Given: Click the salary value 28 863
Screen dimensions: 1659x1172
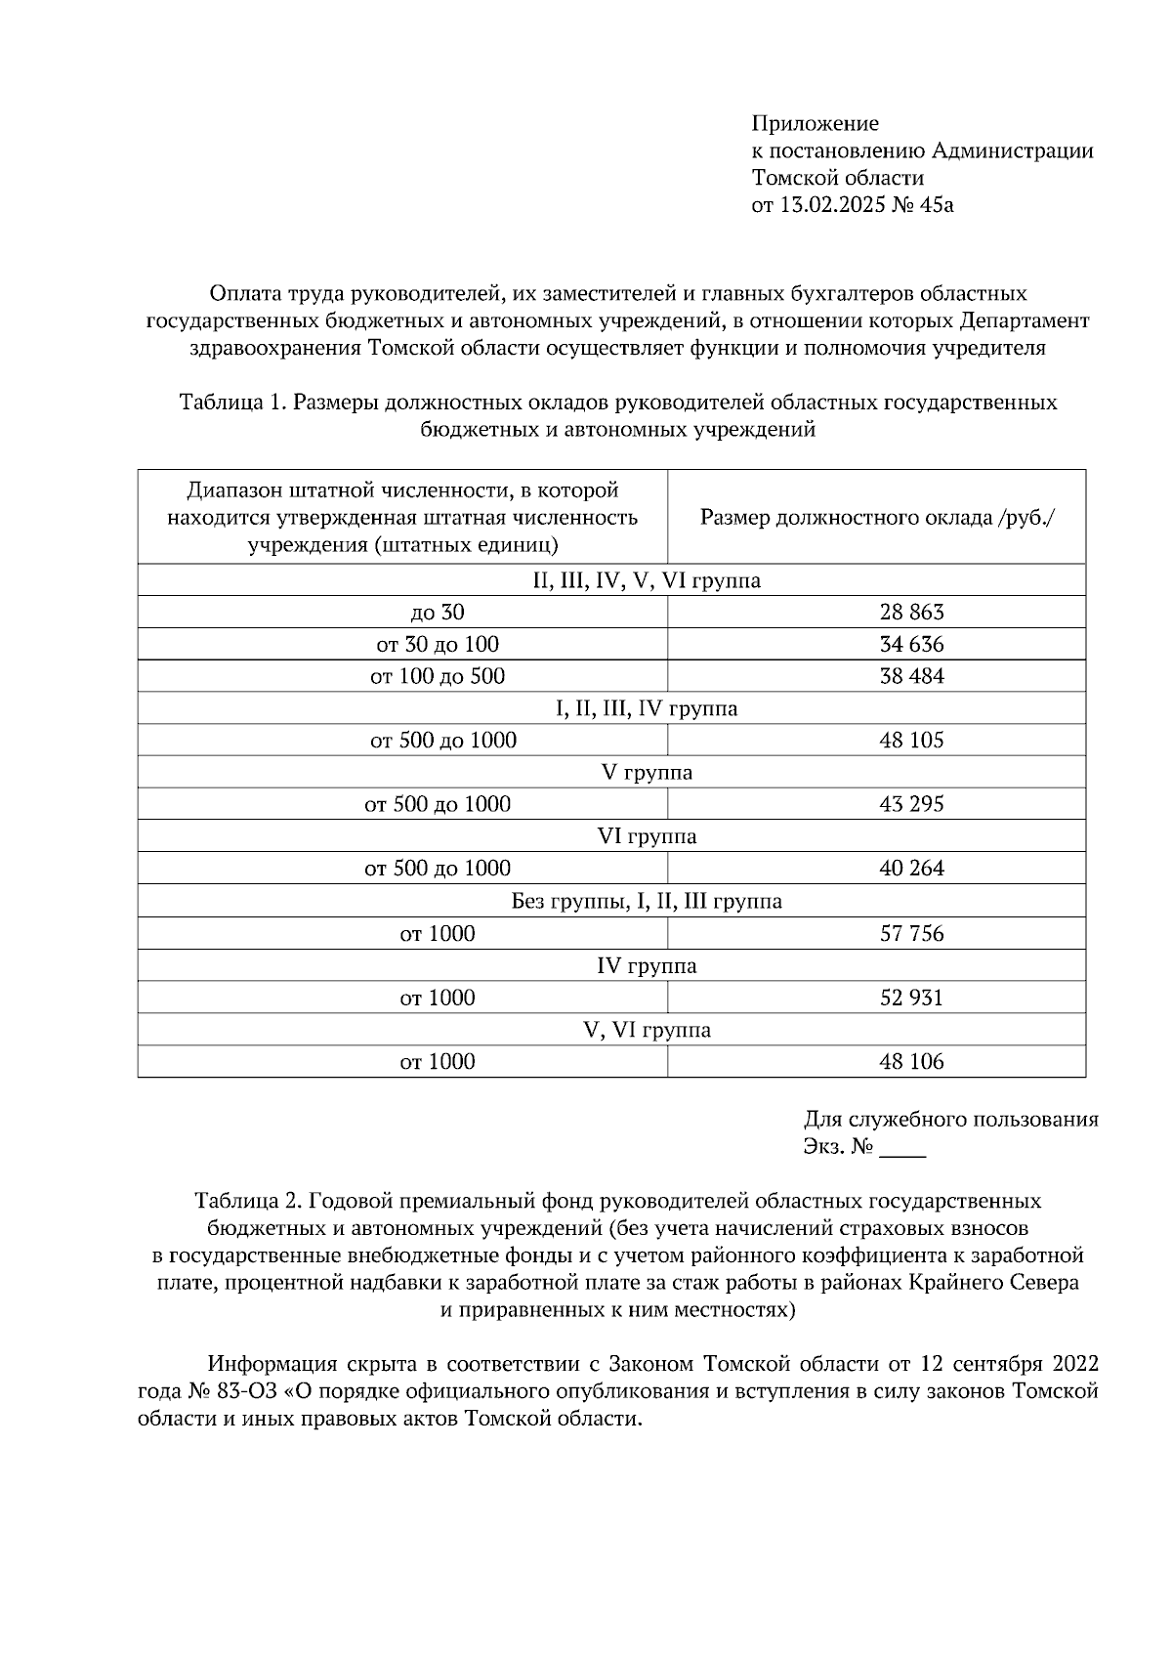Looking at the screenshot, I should pyautogui.click(x=911, y=613).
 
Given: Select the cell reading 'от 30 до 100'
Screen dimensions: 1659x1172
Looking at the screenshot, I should pyautogui.click(x=438, y=645).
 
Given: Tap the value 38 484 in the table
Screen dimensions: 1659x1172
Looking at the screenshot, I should pyautogui.click(x=911, y=676).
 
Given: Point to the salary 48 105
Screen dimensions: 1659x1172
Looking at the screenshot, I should pyautogui.click(x=911, y=741).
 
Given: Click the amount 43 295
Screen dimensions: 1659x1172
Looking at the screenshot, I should pyautogui.click(x=911, y=805).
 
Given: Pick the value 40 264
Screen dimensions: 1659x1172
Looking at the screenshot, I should pyautogui.click(x=911, y=869).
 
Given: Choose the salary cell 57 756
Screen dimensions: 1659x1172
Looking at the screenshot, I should pyautogui.click(x=911, y=934).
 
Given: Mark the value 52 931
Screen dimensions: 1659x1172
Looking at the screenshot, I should pyautogui.click(x=911, y=998).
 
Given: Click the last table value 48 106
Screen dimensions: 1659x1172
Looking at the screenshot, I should pyautogui.click(x=911, y=1062).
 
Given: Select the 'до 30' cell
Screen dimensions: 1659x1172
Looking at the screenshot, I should pyautogui.click(x=438, y=613).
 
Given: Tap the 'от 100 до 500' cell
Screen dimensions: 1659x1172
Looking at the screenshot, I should pyautogui.click(x=438, y=676).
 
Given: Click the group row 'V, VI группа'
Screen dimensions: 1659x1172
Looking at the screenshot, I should pyautogui.click(x=647, y=1030).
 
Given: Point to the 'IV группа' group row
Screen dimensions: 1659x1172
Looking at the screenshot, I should pyautogui.click(x=647, y=966).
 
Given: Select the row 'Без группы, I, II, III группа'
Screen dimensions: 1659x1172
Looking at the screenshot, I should pyautogui.click(x=647, y=901).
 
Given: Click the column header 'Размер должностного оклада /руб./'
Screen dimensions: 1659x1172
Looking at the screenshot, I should pyautogui.click(x=877, y=517).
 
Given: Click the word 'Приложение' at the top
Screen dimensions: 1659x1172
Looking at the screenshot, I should pyautogui.click(x=815, y=124).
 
